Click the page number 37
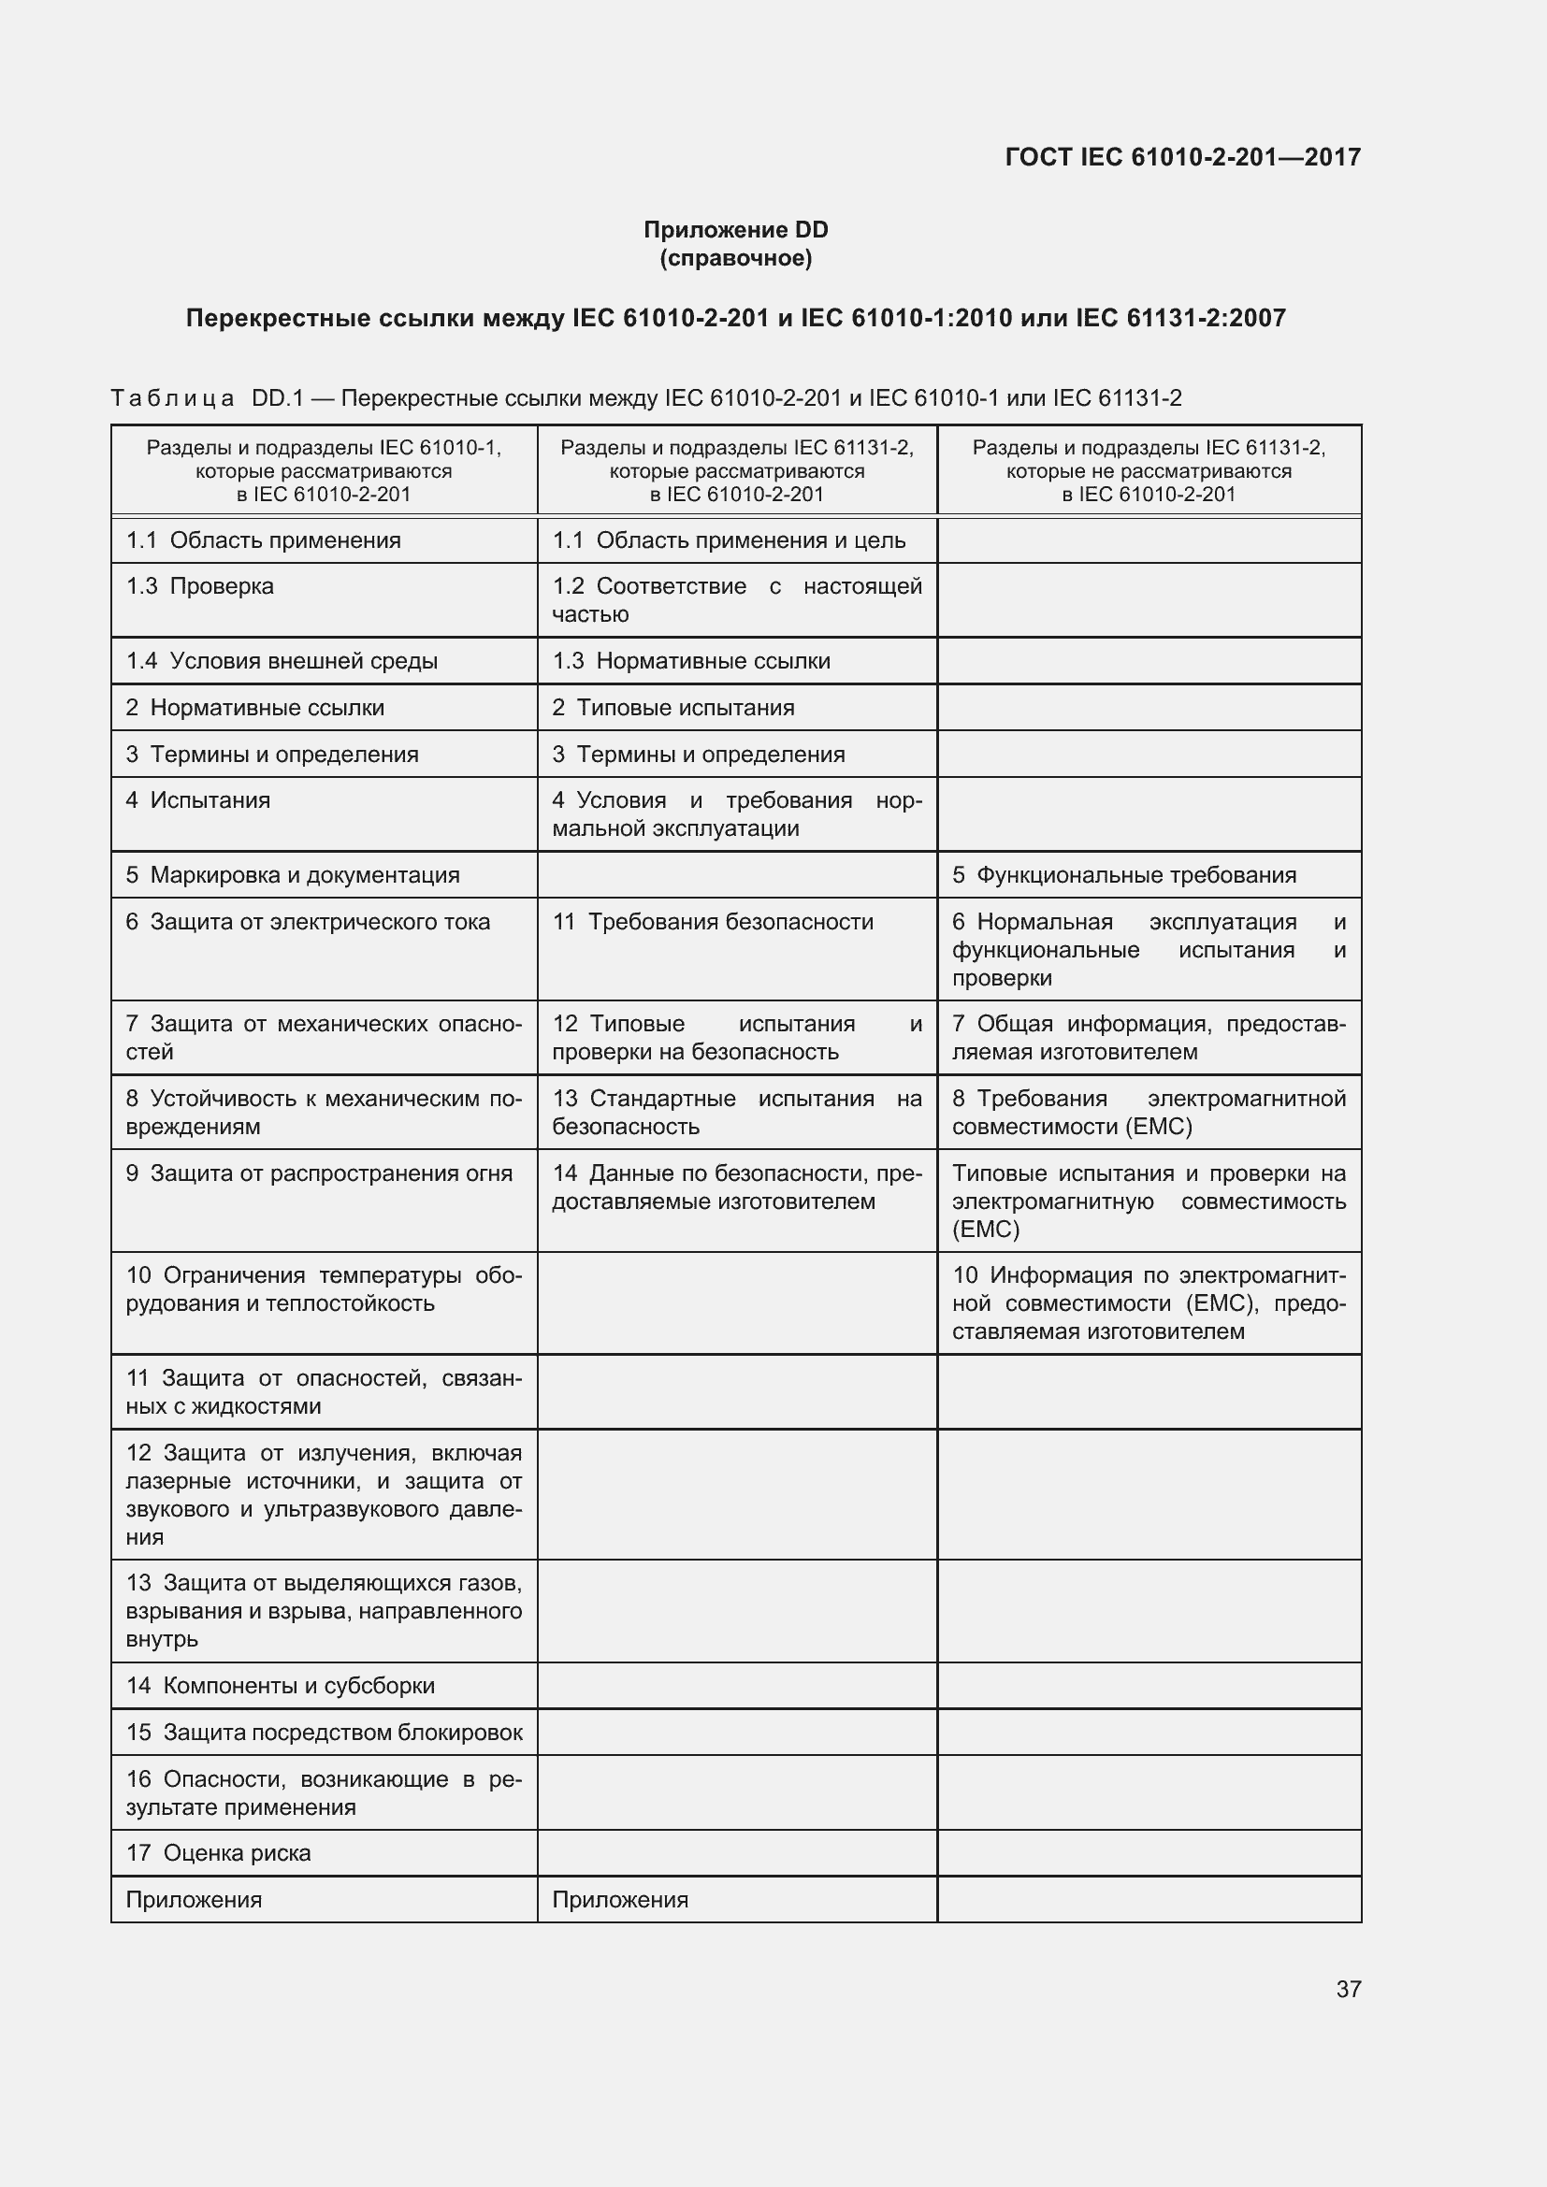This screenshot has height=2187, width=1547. [x=1348, y=1989]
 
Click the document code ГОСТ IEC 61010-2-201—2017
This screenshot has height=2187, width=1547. [x=1182, y=157]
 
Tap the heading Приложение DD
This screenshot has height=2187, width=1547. [x=735, y=230]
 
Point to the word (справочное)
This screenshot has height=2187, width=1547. [x=735, y=258]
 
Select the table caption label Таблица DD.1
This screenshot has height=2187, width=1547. [x=207, y=398]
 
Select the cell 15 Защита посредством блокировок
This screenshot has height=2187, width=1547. [x=324, y=1732]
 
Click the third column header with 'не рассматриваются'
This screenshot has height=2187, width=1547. [x=1149, y=470]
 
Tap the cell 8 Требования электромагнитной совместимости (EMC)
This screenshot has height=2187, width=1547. [x=1149, y=1112]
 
